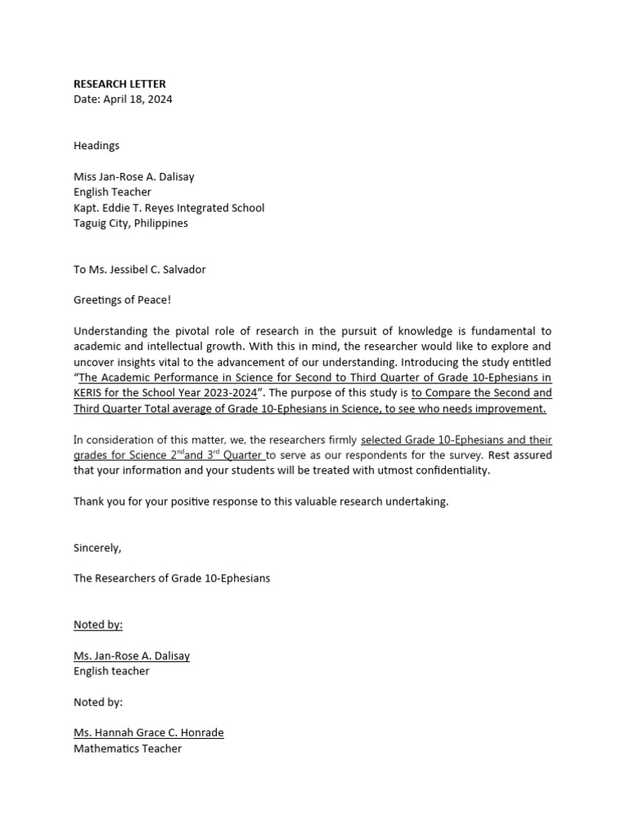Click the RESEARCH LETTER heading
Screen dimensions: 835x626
119,84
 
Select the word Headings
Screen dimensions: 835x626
96,146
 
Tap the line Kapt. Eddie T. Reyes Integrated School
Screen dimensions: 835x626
169,208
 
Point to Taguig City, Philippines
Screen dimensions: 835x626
130,223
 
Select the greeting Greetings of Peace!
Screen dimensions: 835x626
122,300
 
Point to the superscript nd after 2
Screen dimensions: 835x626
179,452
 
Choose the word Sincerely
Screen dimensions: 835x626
97,548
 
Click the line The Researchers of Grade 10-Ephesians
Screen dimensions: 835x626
171,579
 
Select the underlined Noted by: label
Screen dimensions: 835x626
98,625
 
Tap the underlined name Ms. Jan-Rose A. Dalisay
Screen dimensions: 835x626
131,656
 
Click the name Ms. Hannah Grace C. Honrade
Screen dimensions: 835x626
148,733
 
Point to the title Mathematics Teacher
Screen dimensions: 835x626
127,749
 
